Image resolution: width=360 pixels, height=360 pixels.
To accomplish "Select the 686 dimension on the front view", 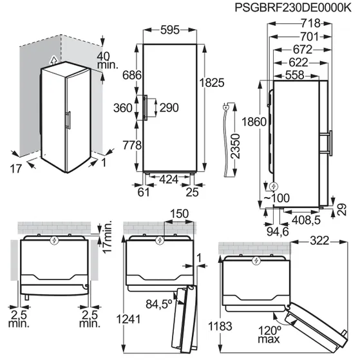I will coord(131,75).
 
